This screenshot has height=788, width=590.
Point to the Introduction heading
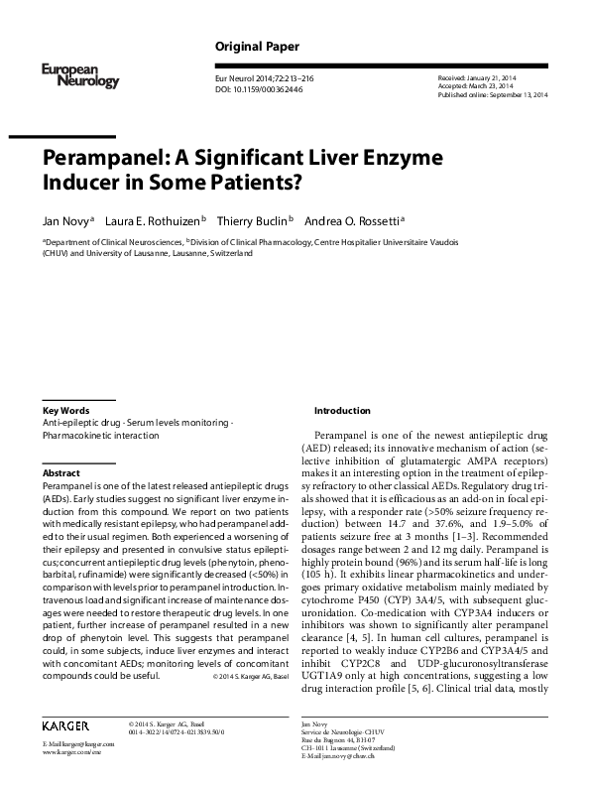pos(341,410)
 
